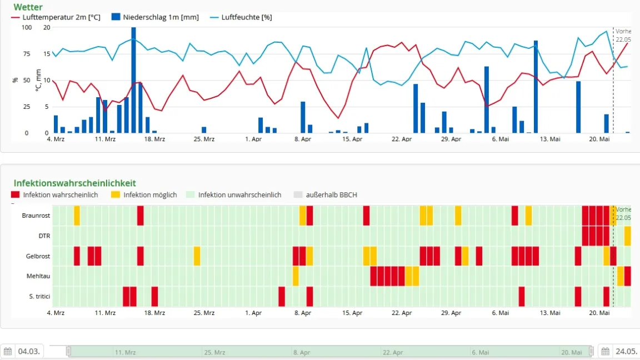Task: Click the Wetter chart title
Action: (28, 7)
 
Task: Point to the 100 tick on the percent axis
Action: (26, 27)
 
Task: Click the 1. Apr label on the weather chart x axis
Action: (253, 139)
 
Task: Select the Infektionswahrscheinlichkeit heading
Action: (74, 183)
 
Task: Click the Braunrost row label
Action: (36, 216)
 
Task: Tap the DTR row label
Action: (44, 236)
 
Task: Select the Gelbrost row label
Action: (38, 256)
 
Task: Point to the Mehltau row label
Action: (38, 276)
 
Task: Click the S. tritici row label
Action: (39, 297)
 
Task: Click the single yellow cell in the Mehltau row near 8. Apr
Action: (296, 276)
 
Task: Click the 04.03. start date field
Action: (28, 351)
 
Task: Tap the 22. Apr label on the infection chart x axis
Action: (402, 313)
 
